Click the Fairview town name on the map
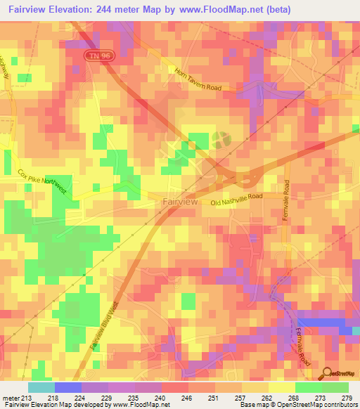(x=180, y=201)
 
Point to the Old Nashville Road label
(x=236, y=200)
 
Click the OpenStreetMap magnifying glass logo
(x=327, y=373)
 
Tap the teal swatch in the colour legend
(x=41, y=388)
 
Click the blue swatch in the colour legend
(x=67, y=388)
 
